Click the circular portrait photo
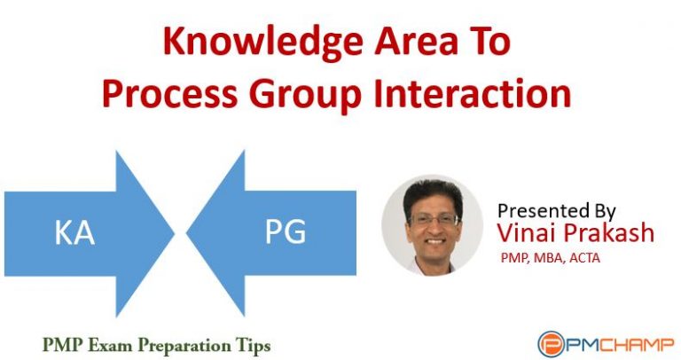(433, 225)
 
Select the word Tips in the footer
(253, 341)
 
